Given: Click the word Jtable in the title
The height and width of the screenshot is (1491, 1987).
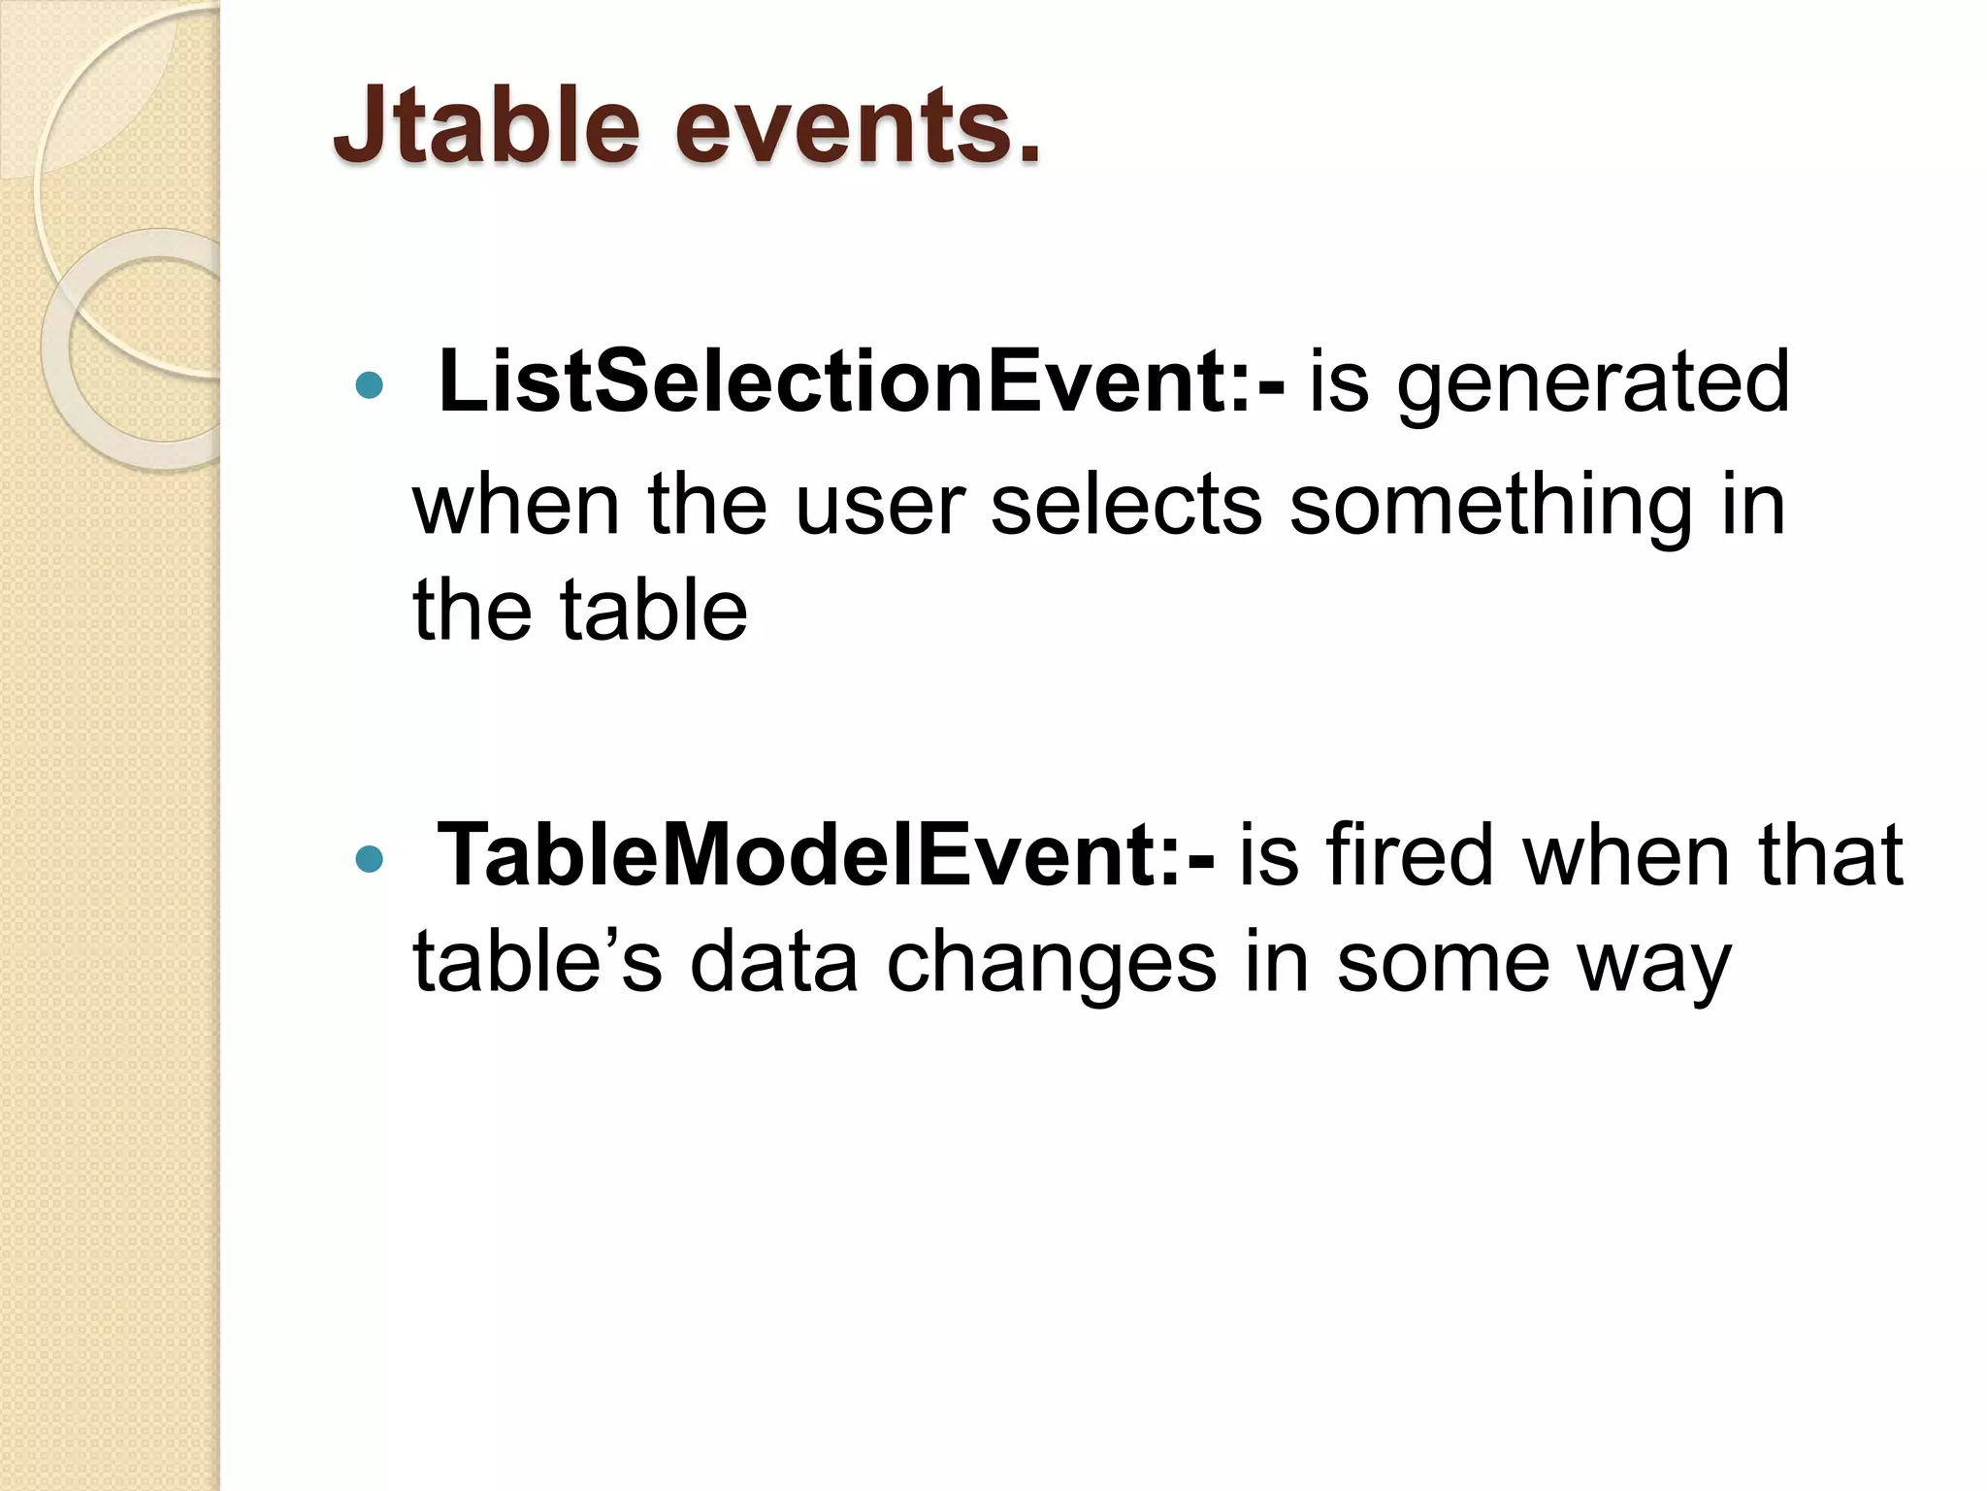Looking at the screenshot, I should pos(486,126).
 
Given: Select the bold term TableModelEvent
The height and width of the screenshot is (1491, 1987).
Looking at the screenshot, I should pos(796,855).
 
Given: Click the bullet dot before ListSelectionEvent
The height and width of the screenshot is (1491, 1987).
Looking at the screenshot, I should pos(369,386).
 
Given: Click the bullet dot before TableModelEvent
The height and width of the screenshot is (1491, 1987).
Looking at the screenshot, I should pos(369,859).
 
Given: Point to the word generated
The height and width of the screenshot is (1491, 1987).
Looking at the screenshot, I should pos(1592,385).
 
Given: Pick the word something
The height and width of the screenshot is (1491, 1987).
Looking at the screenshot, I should pos(1490,508).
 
